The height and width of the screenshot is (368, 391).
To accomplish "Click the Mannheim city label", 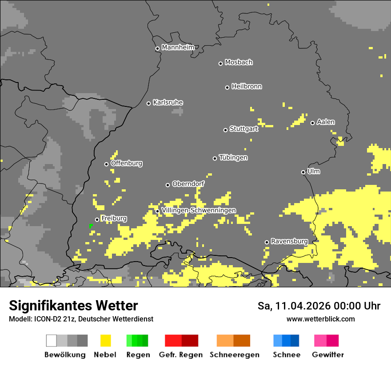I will tap(178, 47).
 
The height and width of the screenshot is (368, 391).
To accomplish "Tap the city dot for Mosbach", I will tap(220, 63).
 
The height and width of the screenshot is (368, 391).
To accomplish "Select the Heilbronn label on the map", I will tap(247, 86).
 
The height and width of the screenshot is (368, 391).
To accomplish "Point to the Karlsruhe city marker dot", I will tap(149, 103).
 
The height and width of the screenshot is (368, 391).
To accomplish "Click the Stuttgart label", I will tap(243, 129).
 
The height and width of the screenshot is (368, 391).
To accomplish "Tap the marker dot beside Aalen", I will tap(312, 123).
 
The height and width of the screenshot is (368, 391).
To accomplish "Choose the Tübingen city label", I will tap(233, 158).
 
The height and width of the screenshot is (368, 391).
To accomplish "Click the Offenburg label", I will tap(126, 163).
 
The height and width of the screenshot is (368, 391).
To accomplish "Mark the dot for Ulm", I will tap(303, 172).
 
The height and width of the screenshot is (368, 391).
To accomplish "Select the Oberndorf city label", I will tap(188, 184).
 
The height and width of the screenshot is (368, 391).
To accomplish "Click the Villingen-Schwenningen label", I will tap(199, 210).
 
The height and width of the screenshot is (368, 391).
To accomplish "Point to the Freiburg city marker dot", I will tap(97, 219).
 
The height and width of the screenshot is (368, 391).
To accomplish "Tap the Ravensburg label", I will tap(289, 241).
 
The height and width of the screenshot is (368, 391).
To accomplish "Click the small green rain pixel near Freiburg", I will tap(91, 226).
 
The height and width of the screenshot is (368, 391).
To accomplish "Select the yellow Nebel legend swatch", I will tap(105, 341).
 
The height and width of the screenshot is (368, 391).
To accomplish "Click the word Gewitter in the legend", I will tap(327, 355).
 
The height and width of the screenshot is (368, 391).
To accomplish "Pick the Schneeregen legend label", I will tap(235, 355).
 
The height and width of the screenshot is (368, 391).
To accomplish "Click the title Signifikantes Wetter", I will tap(73, 305).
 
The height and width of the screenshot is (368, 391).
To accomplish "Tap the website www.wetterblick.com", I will tap(320, 319).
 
